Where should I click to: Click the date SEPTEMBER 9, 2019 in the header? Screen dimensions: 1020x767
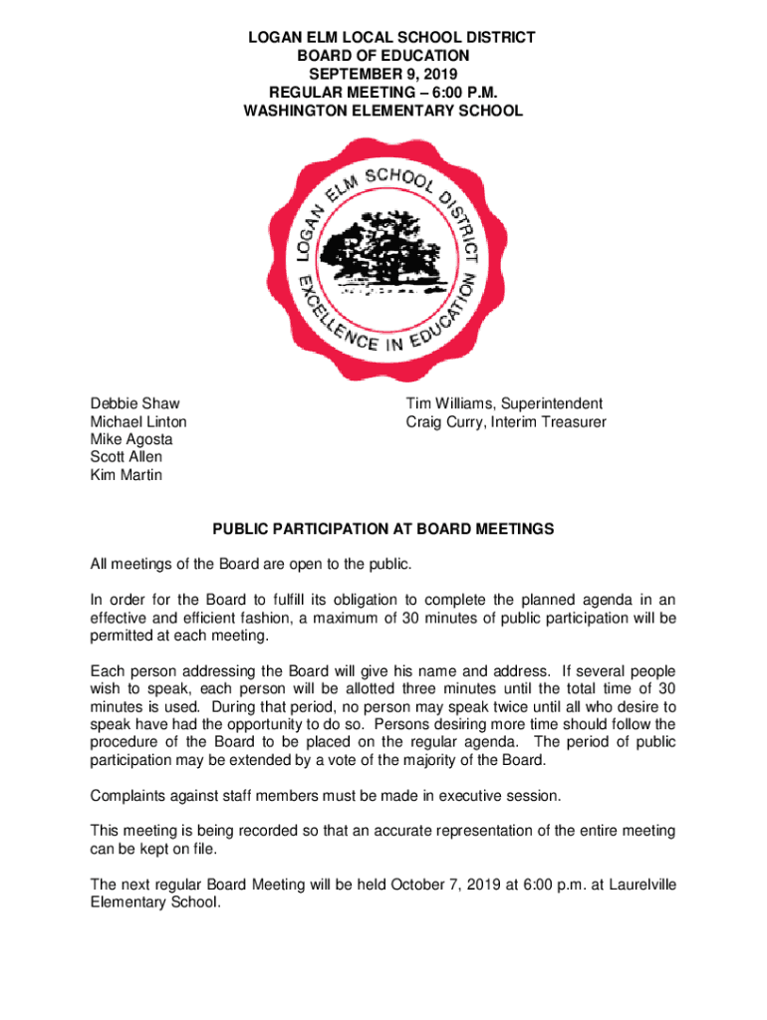pyautogui.click(x=383, y=75)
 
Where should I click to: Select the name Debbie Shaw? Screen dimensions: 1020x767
pyautogui.click(x=135, y=403)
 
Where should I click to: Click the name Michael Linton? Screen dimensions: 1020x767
pyautogui.click(x=138, y=421)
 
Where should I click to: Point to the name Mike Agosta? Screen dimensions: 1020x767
pyautogui.click(x=131, y=439)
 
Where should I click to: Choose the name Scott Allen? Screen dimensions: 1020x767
pyautogui.click(x=126, y=457)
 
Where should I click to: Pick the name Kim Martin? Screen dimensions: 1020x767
pyautogui.click(x=126, y=475)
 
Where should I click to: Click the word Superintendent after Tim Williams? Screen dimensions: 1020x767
pyautogui.click(x=551, y=403)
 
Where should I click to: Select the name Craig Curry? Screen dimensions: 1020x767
pyautogui.click(x=442, y=421)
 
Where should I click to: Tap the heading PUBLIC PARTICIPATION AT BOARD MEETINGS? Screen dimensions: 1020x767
pyautogui.click(x=383, y=529)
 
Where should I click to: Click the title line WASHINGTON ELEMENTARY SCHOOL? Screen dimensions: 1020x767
pyautogui.click(x=383, y=111)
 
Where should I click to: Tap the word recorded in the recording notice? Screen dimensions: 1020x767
pyautogui.click(x=273, y=832)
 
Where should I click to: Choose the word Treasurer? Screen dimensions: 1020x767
pyautogui.click(x=570, y=421)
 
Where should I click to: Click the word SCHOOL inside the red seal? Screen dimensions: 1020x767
pyautogui.click(x=399, y=180)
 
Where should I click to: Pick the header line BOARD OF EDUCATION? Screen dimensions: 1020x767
pyautogui.click(x=383, y=57)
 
